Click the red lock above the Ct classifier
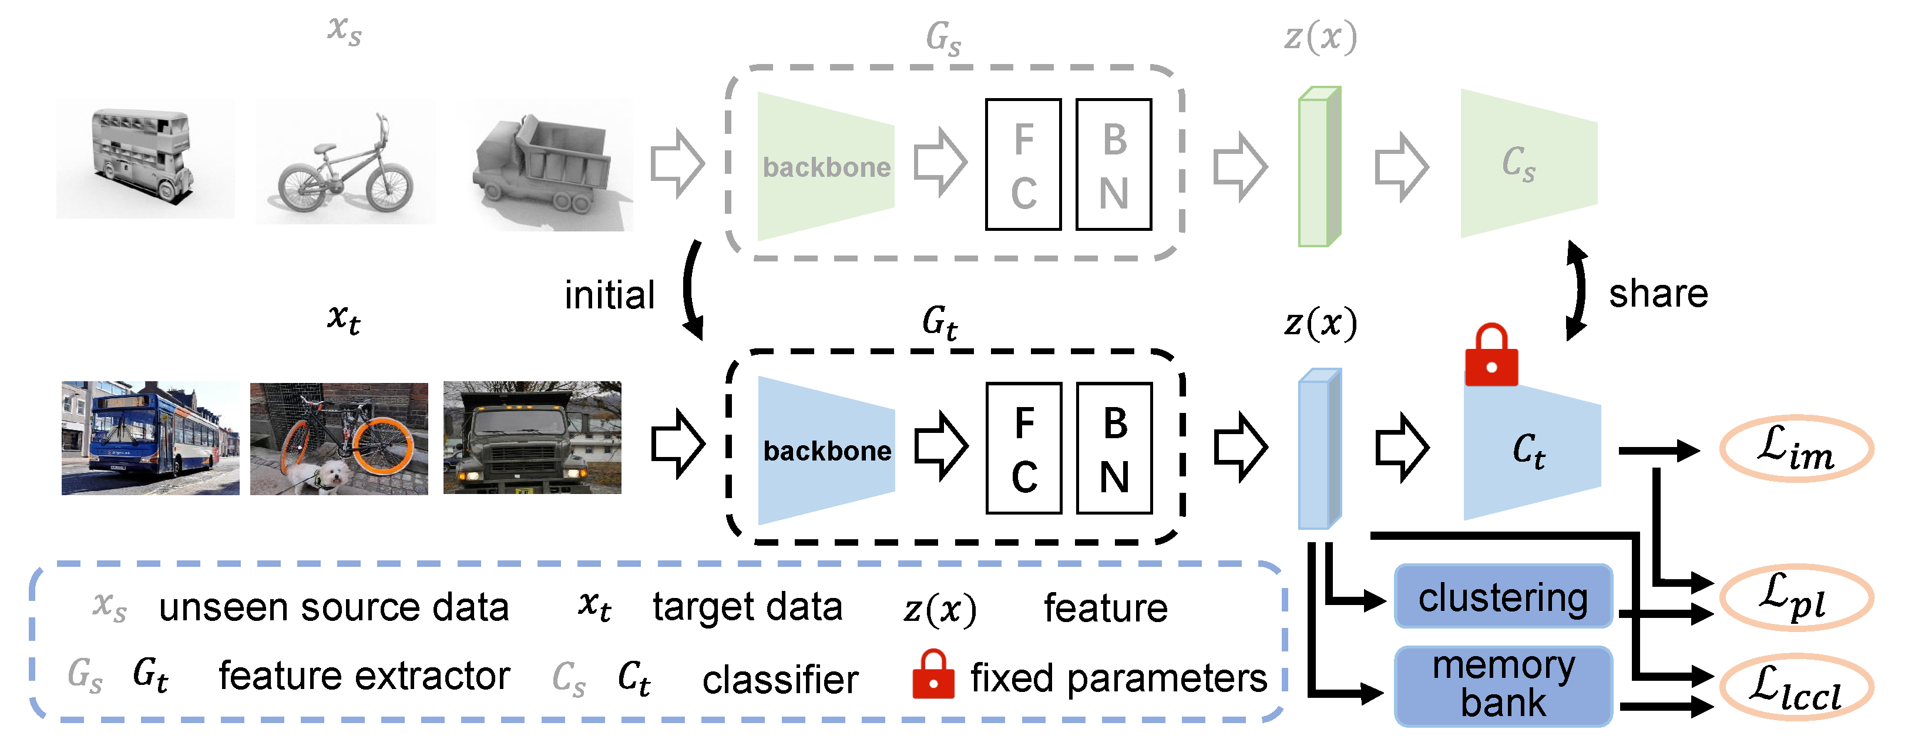[1491, 357]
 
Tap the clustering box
[1503, 596]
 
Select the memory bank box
[1503, 685]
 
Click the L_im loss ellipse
[1796, 449]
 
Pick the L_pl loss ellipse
[1796, 597]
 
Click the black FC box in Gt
[1023, 448]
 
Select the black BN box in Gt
[1114, 448]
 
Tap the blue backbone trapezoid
[826, 451]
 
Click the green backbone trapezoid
[826, 166]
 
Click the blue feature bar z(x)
[1319, 449]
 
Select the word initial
[609, 295]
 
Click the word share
[1658, 294]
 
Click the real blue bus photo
[150, 438]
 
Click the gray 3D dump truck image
[546, 165]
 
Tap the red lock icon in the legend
[933, 674]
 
